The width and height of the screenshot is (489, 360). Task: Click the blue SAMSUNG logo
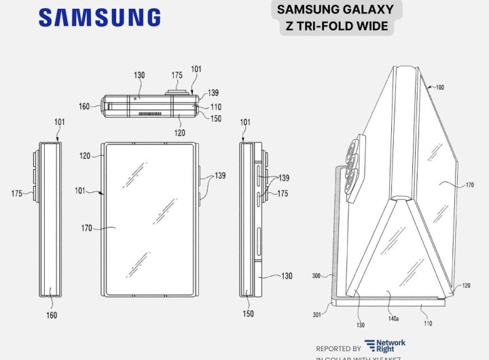99,17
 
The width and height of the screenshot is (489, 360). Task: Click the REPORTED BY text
338,348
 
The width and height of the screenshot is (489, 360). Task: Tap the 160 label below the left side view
52,315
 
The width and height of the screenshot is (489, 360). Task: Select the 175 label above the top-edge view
177,75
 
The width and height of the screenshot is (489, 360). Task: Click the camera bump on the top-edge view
177,90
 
